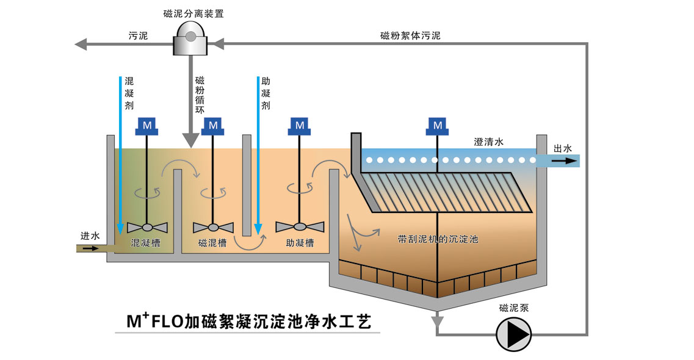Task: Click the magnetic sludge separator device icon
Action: pyautogui.click(x=190, y=37)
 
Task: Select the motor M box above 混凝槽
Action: pyautogui.click(x=147, y=125)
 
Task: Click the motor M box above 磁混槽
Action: pyautogui.click(x=213, y=125)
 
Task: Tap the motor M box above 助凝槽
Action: pyautogui.click(x=300, y=125)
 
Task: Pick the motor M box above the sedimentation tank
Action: pyautogui.click(x=438, y=125)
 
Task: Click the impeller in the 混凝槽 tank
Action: pyautogui.click(x=147, y=226)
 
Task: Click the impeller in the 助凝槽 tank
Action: pyautogui.click(x=300, y=226)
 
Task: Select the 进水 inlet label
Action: pyautogui.click(x=90, y=236)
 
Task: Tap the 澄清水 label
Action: pyautogui.click(x=489, y=142)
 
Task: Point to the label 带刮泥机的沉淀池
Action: pyautogui.click(x=438, y=239)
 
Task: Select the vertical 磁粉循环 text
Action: pyautogui.click(x=200, y=95)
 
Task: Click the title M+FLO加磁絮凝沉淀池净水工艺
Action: pyautogui.click(x=248, y=321)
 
